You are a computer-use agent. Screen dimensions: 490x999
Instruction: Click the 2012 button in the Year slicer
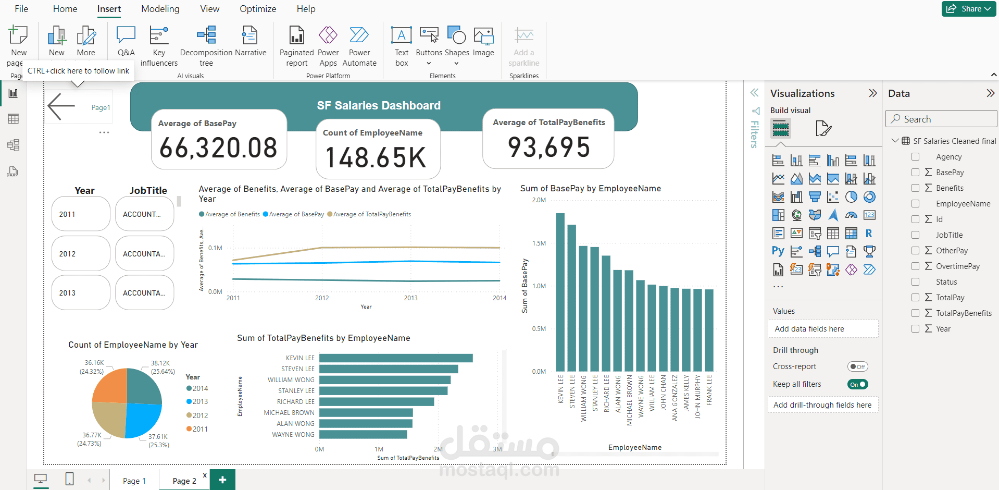click(81, 253)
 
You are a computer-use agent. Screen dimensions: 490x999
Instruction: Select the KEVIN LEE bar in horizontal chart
click(395, 358)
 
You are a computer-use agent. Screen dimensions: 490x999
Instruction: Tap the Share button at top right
click(968, 9)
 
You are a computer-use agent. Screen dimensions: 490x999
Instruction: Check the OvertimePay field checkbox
click(915, 266)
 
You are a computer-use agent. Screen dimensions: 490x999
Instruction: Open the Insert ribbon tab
click(109, 9)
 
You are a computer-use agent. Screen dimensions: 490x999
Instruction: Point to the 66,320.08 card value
click(218, 148)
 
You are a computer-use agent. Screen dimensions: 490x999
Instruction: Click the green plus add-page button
click(222, 480)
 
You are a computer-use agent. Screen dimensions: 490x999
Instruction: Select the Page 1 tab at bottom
click(134, 481)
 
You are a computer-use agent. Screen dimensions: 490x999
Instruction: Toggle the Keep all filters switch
click(857, 384)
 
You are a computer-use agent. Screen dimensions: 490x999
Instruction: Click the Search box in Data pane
click(941, 119)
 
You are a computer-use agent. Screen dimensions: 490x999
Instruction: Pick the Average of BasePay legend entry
click(294, 214)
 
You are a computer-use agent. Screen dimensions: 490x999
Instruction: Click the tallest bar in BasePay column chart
click(560, 292)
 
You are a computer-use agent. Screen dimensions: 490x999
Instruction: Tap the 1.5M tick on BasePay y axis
click(539, 243)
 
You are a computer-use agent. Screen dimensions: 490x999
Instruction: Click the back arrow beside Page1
click(61, 107)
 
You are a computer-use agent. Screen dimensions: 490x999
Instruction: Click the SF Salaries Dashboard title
click(379, 105)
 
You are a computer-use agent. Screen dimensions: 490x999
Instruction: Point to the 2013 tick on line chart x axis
click(410, 298)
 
